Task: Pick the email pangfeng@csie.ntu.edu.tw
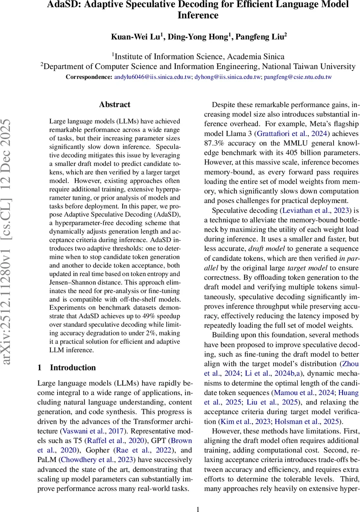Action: point(298,77)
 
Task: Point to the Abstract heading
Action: point(114,105)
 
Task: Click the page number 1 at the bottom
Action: point(198,509)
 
